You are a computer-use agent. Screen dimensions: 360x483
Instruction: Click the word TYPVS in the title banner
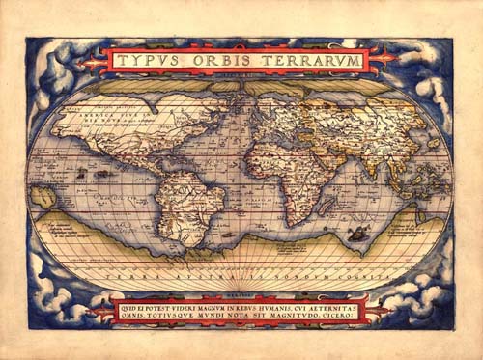(x=150, y=61)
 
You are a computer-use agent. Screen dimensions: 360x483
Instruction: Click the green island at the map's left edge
(x=42, y=197)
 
